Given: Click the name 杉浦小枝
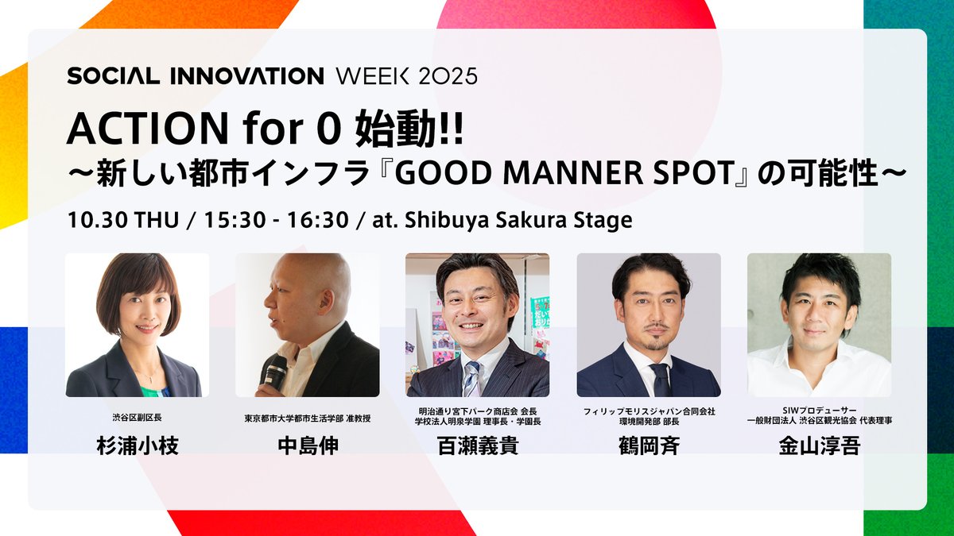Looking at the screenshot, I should (x=138, y=445).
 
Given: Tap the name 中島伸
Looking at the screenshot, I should (x=308, y=445).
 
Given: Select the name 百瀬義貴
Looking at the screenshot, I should (x=478, y=445).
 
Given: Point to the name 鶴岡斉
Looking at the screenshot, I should (x=649, y=445).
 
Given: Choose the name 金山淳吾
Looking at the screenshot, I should (x=819, y=445).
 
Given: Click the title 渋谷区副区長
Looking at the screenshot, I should (x=138, y=418).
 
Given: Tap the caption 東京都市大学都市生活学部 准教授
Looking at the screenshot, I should (x=308, y=418).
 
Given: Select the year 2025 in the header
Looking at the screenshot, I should (x=448, y=76).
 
